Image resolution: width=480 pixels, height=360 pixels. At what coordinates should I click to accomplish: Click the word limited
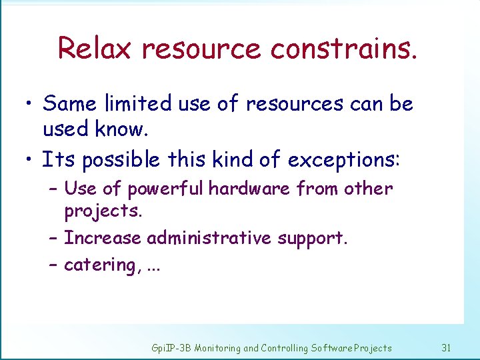[x=139, y=104]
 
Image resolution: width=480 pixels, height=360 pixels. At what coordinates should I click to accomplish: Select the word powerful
[x=166, y=189]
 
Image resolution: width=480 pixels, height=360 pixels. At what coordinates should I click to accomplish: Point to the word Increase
[x=103, y=238]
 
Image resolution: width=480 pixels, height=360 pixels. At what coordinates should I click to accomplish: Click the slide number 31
[x=447, y=347]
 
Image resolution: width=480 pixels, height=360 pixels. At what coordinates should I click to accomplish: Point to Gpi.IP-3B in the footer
[x=172, y=347]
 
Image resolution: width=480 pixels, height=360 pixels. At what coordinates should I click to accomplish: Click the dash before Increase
[x=53, y=238]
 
